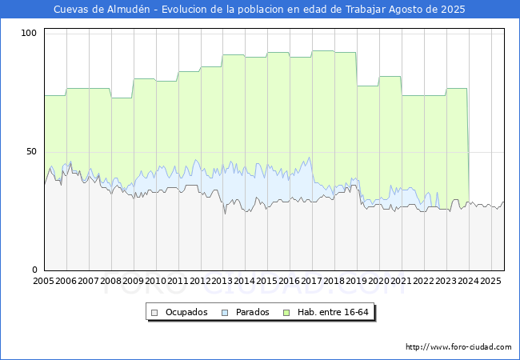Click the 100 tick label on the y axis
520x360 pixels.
click(x=28, y=33)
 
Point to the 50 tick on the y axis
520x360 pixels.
click(x=31, y=152)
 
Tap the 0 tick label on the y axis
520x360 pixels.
click(x=34, y=270)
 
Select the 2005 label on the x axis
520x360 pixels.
click(x=43, y=281)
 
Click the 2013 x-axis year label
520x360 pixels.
click(x=222, y=281)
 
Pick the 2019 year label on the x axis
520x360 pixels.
click(x=357, y=281)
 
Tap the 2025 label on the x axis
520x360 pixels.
click(x=491, y=281)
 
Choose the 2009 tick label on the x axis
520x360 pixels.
click(x=133, y=281)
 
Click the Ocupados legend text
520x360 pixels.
click(x=186, y=312)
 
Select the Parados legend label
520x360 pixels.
click(x=252, y=312)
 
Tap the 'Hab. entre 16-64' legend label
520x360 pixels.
click(x=333, y=312)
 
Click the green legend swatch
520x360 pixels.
click(x=286, y=313)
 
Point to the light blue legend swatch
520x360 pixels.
click(x=225, y=313)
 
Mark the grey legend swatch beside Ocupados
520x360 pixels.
click(x=154, y=313)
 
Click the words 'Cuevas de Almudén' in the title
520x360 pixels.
click(x=102, y=10)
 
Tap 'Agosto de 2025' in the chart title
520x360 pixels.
click(x=427, y=10)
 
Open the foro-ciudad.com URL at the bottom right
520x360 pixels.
click(x=458, y=347)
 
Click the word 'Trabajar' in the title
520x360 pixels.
click(x=366, y=10)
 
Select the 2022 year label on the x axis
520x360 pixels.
click(x=424, y=281)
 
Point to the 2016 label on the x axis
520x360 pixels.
click(x=289, y=281)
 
